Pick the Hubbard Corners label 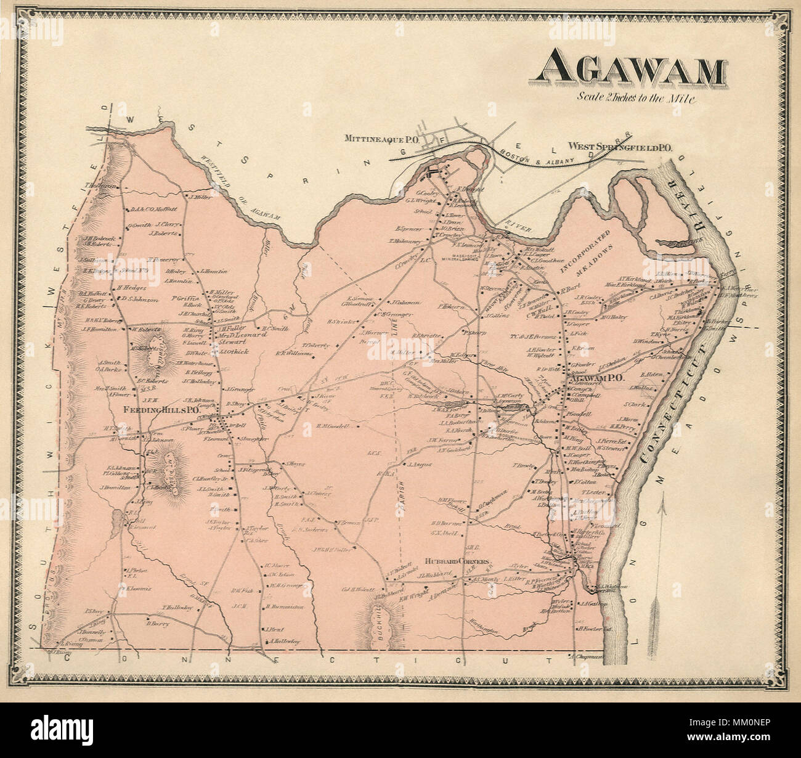(x=457, y=561)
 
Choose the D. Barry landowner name (x=158, y=623)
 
